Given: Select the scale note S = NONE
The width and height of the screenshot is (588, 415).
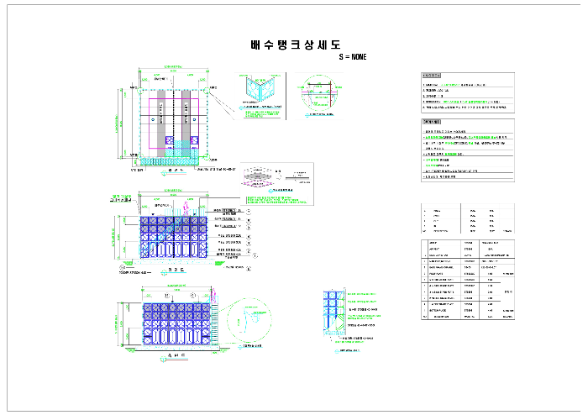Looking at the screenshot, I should click(352, 57).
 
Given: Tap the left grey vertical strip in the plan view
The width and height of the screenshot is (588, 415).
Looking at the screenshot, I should click(157, 118).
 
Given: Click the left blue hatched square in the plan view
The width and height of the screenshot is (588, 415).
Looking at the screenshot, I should click(168, 140).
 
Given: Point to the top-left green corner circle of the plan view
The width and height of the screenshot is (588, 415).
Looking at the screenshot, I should click(137, 87).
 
